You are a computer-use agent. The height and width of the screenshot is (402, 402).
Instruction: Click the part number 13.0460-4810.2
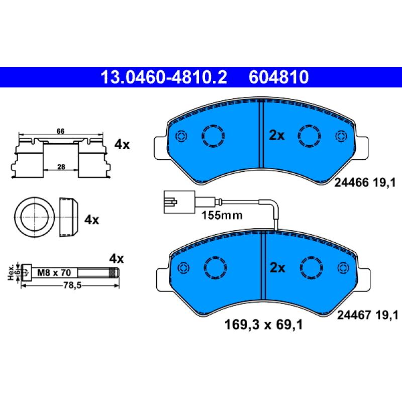[x=164, y=77]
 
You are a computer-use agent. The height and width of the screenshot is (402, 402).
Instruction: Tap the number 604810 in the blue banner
[x=279, y=77]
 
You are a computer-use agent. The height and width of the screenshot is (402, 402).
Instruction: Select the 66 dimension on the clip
[x=60, y=131]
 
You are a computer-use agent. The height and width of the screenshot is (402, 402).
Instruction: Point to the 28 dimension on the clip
[x=61, y=167]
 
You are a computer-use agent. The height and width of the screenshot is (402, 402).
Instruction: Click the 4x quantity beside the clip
[x=122, y=145]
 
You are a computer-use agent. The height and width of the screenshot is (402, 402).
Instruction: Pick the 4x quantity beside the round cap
[x=91, y=220]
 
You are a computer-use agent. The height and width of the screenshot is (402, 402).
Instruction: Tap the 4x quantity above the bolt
[x=117, y=259]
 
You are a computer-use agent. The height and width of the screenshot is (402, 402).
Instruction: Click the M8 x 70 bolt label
[x=54, y=272]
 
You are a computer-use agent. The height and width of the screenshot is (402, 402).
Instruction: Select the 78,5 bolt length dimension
[x=72, y=285]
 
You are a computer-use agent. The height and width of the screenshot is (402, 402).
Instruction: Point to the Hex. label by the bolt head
[x=11, y=272]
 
